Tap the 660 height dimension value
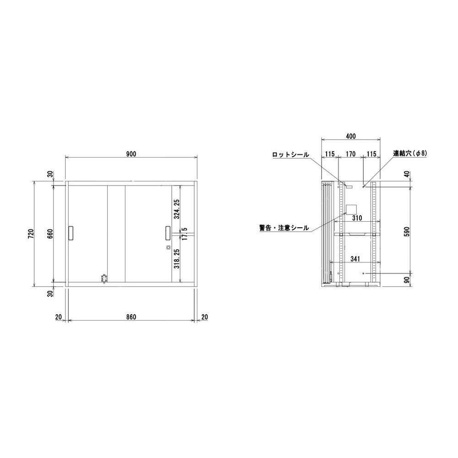point(51,234)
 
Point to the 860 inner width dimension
point(131,317)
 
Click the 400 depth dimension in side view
point(351,136)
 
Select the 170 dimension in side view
point(350,154)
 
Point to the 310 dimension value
point(357,218)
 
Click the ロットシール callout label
point(290,155)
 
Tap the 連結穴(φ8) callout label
point(410,154)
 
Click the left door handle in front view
point(71,233)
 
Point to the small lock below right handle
point(168,248)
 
